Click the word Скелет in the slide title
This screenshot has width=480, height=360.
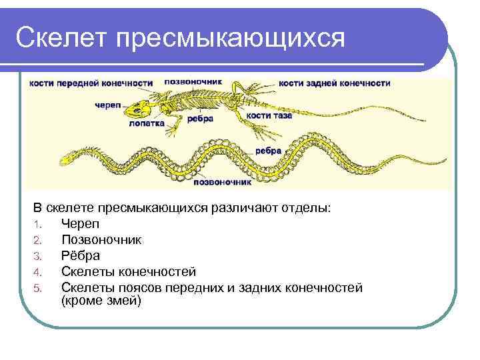tap(61, 38)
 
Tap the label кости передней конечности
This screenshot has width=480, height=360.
tap(91, 83)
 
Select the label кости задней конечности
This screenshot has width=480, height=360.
tap(334, 83)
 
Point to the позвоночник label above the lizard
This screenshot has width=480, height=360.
tap(192, 81)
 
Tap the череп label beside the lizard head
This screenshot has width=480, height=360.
tap(107, 105)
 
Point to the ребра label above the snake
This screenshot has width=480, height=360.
tap(267, 151)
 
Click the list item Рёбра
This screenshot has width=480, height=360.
tap(80, 255)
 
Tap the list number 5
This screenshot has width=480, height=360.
tap(38, 288)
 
